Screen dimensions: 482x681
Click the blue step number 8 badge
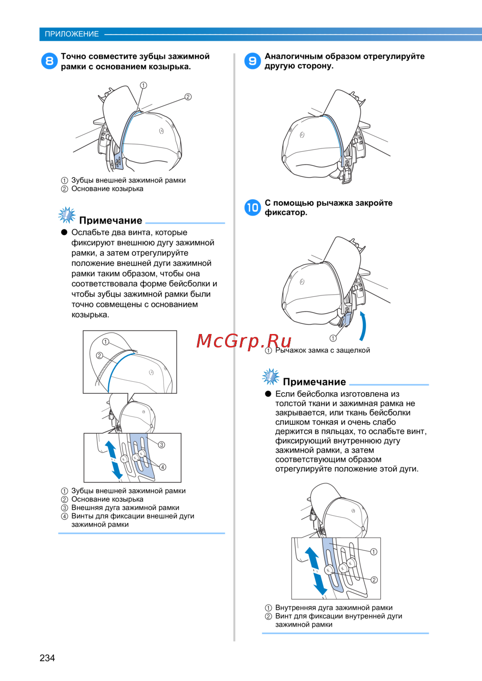(49, 61)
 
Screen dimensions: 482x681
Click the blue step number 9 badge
(253, 61)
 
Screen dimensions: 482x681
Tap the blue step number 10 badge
(253, 208)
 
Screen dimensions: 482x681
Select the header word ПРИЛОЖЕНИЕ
(72, 34)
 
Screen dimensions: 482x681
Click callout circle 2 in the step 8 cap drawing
(188, 97)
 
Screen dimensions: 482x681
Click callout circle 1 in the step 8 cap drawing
(143, 85)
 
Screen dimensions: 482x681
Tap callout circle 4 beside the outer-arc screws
(163, 467)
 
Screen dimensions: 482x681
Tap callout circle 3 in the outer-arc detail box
(161, 445)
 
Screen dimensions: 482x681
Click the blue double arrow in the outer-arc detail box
(114, 460)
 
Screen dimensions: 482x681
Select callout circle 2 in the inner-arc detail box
(374, 580)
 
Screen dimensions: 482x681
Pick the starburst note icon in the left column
(67, 215)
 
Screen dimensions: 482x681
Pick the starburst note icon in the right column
(271, 377)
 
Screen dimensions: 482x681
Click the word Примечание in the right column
(314, 382)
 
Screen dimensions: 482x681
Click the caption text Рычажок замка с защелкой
(322, 350)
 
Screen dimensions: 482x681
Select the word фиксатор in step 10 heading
(285, 213)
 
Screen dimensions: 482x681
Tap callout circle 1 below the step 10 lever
(333, 338)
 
